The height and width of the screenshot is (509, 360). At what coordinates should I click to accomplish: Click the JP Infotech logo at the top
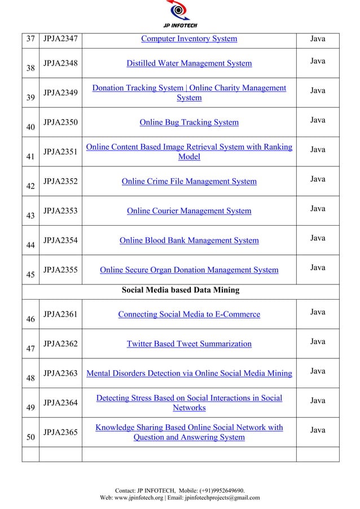[x=180, y=14]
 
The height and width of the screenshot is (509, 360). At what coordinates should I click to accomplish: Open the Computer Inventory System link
[x=188, y=39]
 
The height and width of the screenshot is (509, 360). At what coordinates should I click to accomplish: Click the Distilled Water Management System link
[x=188, y=63]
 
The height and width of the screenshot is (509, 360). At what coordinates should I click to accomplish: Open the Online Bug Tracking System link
[x=188, y=122]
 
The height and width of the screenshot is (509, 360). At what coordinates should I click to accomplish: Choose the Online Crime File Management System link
[x=188, y=182]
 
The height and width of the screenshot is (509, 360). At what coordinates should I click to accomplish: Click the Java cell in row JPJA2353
[x=318, y=209]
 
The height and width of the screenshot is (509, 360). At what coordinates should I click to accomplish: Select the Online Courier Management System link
[x=188, y=211]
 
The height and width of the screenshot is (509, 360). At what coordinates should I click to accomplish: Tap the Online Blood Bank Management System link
[x=188, y=241]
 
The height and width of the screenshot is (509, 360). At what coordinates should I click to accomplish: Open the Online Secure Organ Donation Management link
[x=188, y=270]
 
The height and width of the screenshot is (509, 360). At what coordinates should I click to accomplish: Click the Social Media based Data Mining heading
[x=181, y=291]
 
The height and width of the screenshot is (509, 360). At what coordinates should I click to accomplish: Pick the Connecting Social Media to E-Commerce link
[x=188, y=314]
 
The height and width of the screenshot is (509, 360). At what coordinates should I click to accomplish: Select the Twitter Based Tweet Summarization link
[x=188, y=344]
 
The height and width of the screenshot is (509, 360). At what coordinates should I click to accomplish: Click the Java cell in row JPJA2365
[x=318, y=431]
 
